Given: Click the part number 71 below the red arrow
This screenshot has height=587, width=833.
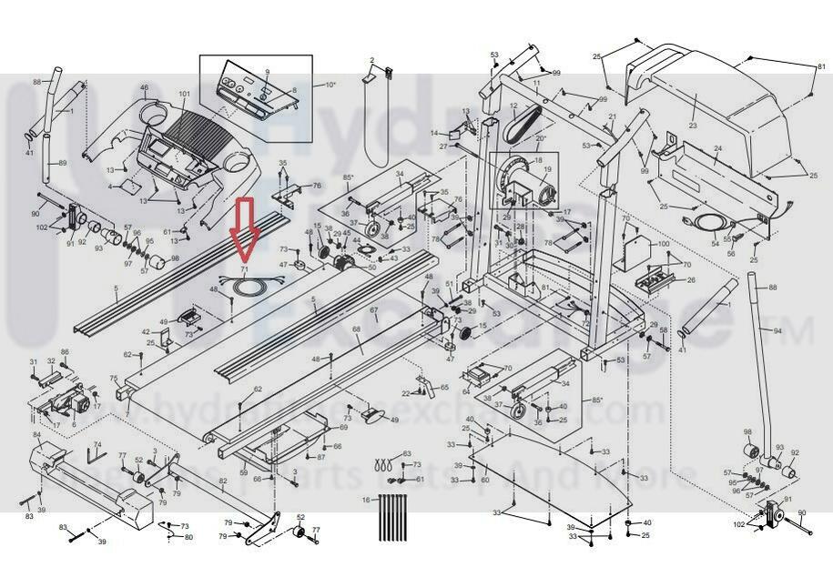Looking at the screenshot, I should [243, 270].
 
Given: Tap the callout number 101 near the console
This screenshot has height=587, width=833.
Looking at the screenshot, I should [185, 95].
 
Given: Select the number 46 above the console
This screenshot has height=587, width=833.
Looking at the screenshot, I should [144, 88].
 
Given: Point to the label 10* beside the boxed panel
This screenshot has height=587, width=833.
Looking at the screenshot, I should [330, 85].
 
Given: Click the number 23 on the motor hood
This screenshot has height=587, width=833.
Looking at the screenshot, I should [692, 126].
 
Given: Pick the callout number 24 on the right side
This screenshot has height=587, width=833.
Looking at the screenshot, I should [717, 148].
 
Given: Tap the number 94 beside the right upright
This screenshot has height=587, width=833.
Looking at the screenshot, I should [777, 331].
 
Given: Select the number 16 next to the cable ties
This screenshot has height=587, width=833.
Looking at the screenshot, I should [366, 501].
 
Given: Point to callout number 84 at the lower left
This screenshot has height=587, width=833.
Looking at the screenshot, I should [37, 435].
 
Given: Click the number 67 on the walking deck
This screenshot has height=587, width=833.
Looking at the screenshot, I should [374, 311].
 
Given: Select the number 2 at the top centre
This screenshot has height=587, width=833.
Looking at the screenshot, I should [371, 61].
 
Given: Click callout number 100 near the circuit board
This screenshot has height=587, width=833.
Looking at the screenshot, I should [663, 245].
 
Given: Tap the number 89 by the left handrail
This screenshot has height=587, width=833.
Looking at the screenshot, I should [63, 163].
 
